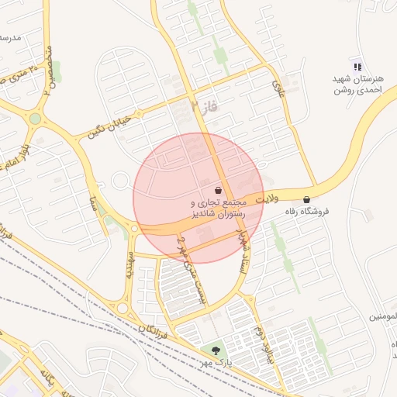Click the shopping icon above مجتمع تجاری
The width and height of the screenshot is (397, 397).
(218, 190)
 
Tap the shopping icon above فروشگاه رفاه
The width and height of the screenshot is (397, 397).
(307, 199)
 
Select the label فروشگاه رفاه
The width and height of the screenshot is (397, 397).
(307, 211)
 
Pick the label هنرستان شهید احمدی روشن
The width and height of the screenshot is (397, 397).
(357, 85)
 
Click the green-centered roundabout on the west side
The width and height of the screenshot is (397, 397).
(35, 119)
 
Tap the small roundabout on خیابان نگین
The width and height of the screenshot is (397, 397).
(120, 181)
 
